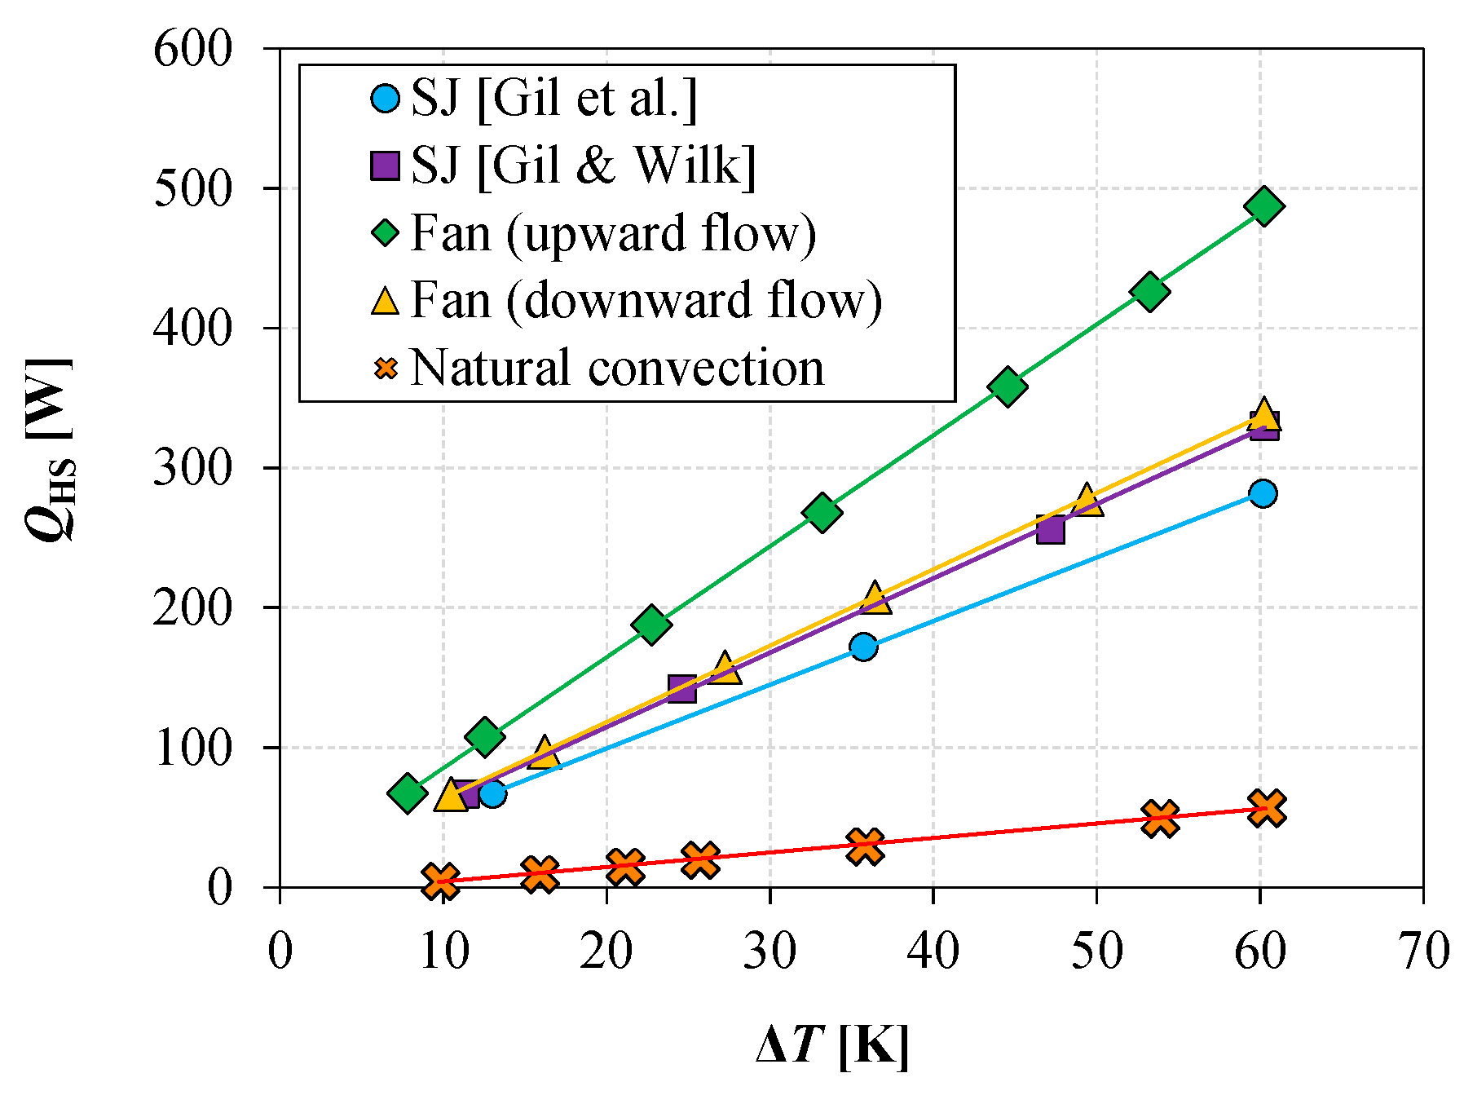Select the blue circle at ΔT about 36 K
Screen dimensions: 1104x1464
point(864,647)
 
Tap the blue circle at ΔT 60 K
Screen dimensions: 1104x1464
point(1263,493)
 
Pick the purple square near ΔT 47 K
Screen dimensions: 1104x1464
point(1050,530)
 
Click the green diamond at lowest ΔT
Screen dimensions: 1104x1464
point(408,793)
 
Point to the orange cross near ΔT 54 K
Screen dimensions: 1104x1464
point(1160,818)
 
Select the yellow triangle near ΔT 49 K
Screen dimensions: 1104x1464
point(1087,501)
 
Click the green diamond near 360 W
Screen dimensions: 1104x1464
point(1008,386)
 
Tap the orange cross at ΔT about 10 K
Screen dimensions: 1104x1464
point(441,881)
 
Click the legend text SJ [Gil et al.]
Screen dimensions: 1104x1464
point(554,99)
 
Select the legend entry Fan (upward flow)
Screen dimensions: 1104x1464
point(613,233)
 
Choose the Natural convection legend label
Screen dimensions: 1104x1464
point(617,368)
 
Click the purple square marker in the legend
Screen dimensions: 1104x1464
point(385,166)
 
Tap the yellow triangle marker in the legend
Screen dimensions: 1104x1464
point(385,299)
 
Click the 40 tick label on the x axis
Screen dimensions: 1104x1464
point(933,951)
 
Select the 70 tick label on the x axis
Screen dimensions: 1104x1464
point(1423,951)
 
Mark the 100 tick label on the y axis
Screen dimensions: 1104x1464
point(192,748)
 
